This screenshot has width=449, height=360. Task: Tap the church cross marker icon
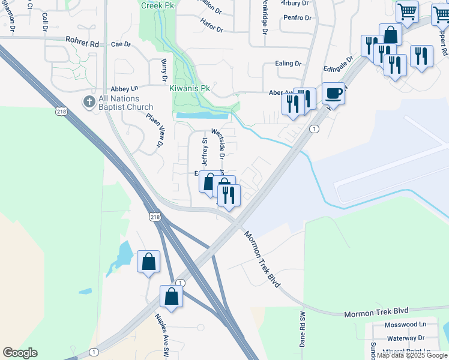pos(89,101)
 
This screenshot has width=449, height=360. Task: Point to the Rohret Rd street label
pos(82,44)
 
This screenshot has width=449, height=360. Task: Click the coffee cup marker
pos(333,94)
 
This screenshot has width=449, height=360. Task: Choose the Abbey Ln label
pos(124,88)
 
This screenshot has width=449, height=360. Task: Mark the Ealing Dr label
pos(289,63)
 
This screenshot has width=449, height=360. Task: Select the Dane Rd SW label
pos(303,329)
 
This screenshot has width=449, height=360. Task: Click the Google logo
pos(20,353)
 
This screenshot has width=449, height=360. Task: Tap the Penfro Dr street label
pos(299,17)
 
